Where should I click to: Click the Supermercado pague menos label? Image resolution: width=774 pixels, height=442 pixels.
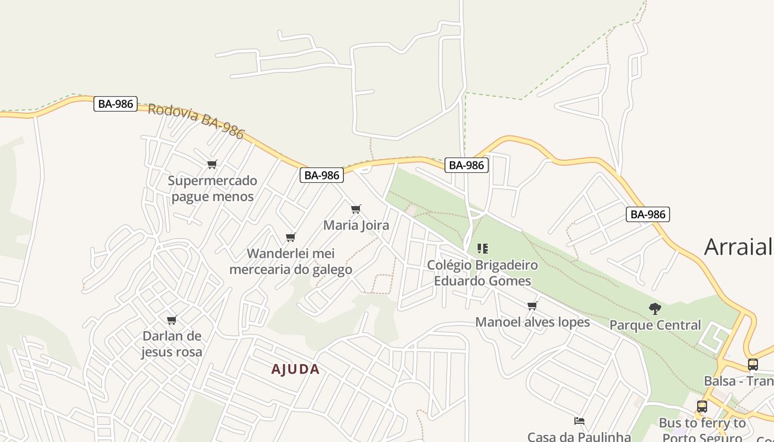pyautogui.click(x=212, y=188)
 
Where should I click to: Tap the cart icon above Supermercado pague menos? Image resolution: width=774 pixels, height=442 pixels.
pyautogui.click(x=212, y=164)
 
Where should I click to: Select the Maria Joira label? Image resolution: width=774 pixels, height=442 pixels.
pyautogui.click(x=356, y=225)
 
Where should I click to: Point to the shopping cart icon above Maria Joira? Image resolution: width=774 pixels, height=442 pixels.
pyautogui.click(x=356, y=209)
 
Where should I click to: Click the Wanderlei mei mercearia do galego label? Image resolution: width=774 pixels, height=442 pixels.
pyautogui.click(x=291, y=261)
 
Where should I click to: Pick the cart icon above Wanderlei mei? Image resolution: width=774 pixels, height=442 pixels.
pyautogui.click(x=291, y=237)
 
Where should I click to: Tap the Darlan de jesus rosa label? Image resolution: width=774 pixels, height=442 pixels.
pyautogui.click(x=171, y=344)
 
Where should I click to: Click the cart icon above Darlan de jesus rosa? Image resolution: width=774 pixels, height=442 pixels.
pyautogui.click(x=172, y=320)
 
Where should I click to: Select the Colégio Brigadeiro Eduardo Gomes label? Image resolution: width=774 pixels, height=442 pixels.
pyautogui.click(x=482, y=273)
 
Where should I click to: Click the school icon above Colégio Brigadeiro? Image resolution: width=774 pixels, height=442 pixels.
pyautogui.click(x=483, y=249)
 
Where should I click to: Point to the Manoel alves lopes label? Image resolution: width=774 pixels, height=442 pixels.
pyautogui.click(x=532, y=322)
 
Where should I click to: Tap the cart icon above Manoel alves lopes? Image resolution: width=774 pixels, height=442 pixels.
pyautogui.click(x=532, y=306)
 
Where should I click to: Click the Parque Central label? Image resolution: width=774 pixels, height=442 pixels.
pyautogui.click(x=655, y=325)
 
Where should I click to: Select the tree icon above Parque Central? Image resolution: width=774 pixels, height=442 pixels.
pyautogui.click(x=655, y=309)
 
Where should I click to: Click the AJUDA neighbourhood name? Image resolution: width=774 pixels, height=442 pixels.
pyautogui.click(x=295, y=369)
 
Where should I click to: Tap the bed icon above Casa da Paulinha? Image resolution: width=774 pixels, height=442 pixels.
pyautogui.click(x=579, y=421)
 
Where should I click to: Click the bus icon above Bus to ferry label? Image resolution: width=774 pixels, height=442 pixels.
pyautogui.click(x=702, y=407)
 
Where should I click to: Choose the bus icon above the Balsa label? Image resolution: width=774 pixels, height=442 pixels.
pyautogui.click(x=753, y=364)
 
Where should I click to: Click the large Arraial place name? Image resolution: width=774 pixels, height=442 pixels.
pyautogui.click(x=739, y=247)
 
